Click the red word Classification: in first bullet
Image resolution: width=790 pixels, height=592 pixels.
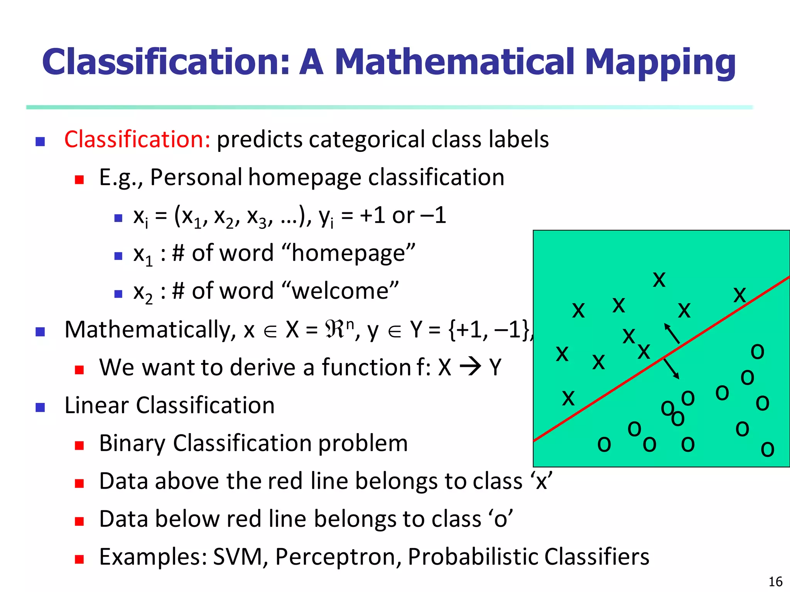[x=137, y=139]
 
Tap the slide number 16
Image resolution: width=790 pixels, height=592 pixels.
[x=775, y=582]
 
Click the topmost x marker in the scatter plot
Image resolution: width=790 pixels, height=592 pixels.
[x=659, y=280]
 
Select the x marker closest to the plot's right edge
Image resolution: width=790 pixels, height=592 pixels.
[x=740, y=296]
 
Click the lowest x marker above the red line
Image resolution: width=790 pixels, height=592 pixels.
[x=568, y=398]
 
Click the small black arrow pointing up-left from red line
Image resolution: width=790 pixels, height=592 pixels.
[x=672, y=333]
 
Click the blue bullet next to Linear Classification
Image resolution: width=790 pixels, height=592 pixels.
[x=40, y=407]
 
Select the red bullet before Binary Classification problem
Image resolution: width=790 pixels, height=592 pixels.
[x=79, y=446]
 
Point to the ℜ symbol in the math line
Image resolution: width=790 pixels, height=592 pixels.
[x=334, y=330]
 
